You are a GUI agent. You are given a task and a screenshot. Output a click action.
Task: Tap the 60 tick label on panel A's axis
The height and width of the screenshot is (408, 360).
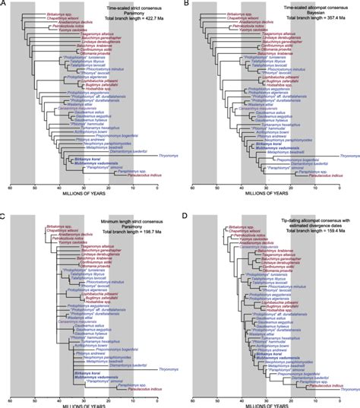(x=10, y=195)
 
